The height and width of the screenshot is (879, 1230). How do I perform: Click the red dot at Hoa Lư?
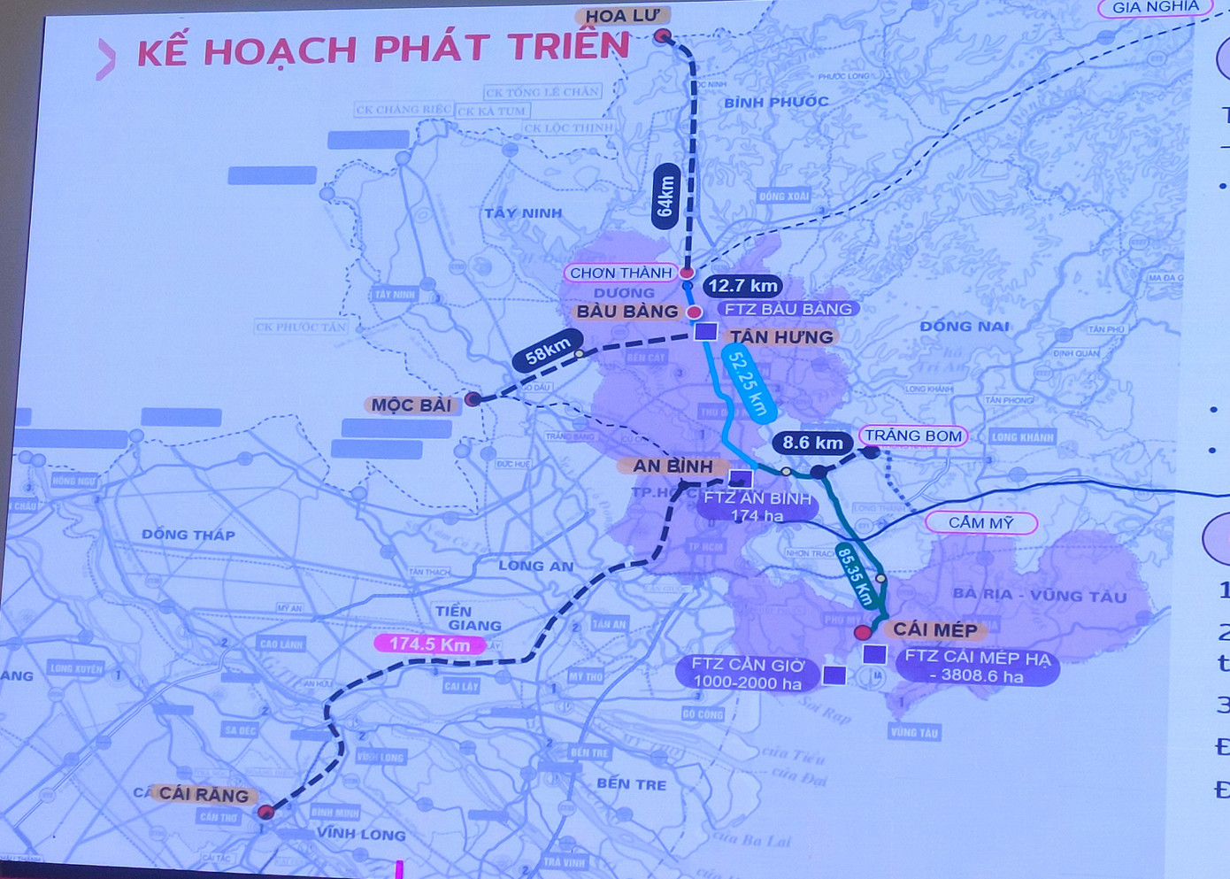[663, 36]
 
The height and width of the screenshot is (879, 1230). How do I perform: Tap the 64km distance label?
[665, 196]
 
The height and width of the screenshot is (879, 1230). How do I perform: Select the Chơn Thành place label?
[621, 273]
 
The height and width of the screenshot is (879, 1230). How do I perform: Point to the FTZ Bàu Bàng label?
[788, 309]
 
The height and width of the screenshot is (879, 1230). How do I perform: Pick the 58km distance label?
[548, 350]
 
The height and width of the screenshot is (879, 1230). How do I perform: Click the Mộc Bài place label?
[411, 405]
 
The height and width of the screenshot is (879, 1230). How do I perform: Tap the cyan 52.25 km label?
[749, 382]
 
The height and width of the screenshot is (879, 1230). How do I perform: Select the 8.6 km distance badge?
[812, 443]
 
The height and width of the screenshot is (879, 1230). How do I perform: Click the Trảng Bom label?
[913, 436]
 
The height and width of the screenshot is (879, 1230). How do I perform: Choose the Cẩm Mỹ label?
[980, 522]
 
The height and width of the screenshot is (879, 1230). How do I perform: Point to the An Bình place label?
[673, 466]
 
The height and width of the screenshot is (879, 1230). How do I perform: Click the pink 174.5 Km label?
[429, 644]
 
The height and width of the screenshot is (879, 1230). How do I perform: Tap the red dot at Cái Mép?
[863, 632]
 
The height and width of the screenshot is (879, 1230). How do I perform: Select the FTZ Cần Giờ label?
[748, 673]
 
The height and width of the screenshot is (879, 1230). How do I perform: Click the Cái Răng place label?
[204, 794]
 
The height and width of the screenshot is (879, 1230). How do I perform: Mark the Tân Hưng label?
[781, 336]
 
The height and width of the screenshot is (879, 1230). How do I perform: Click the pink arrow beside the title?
[106, 59]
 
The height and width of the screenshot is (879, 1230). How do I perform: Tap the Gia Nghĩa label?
[1155, 8]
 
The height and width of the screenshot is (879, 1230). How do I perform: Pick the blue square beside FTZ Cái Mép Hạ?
[874, 655]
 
